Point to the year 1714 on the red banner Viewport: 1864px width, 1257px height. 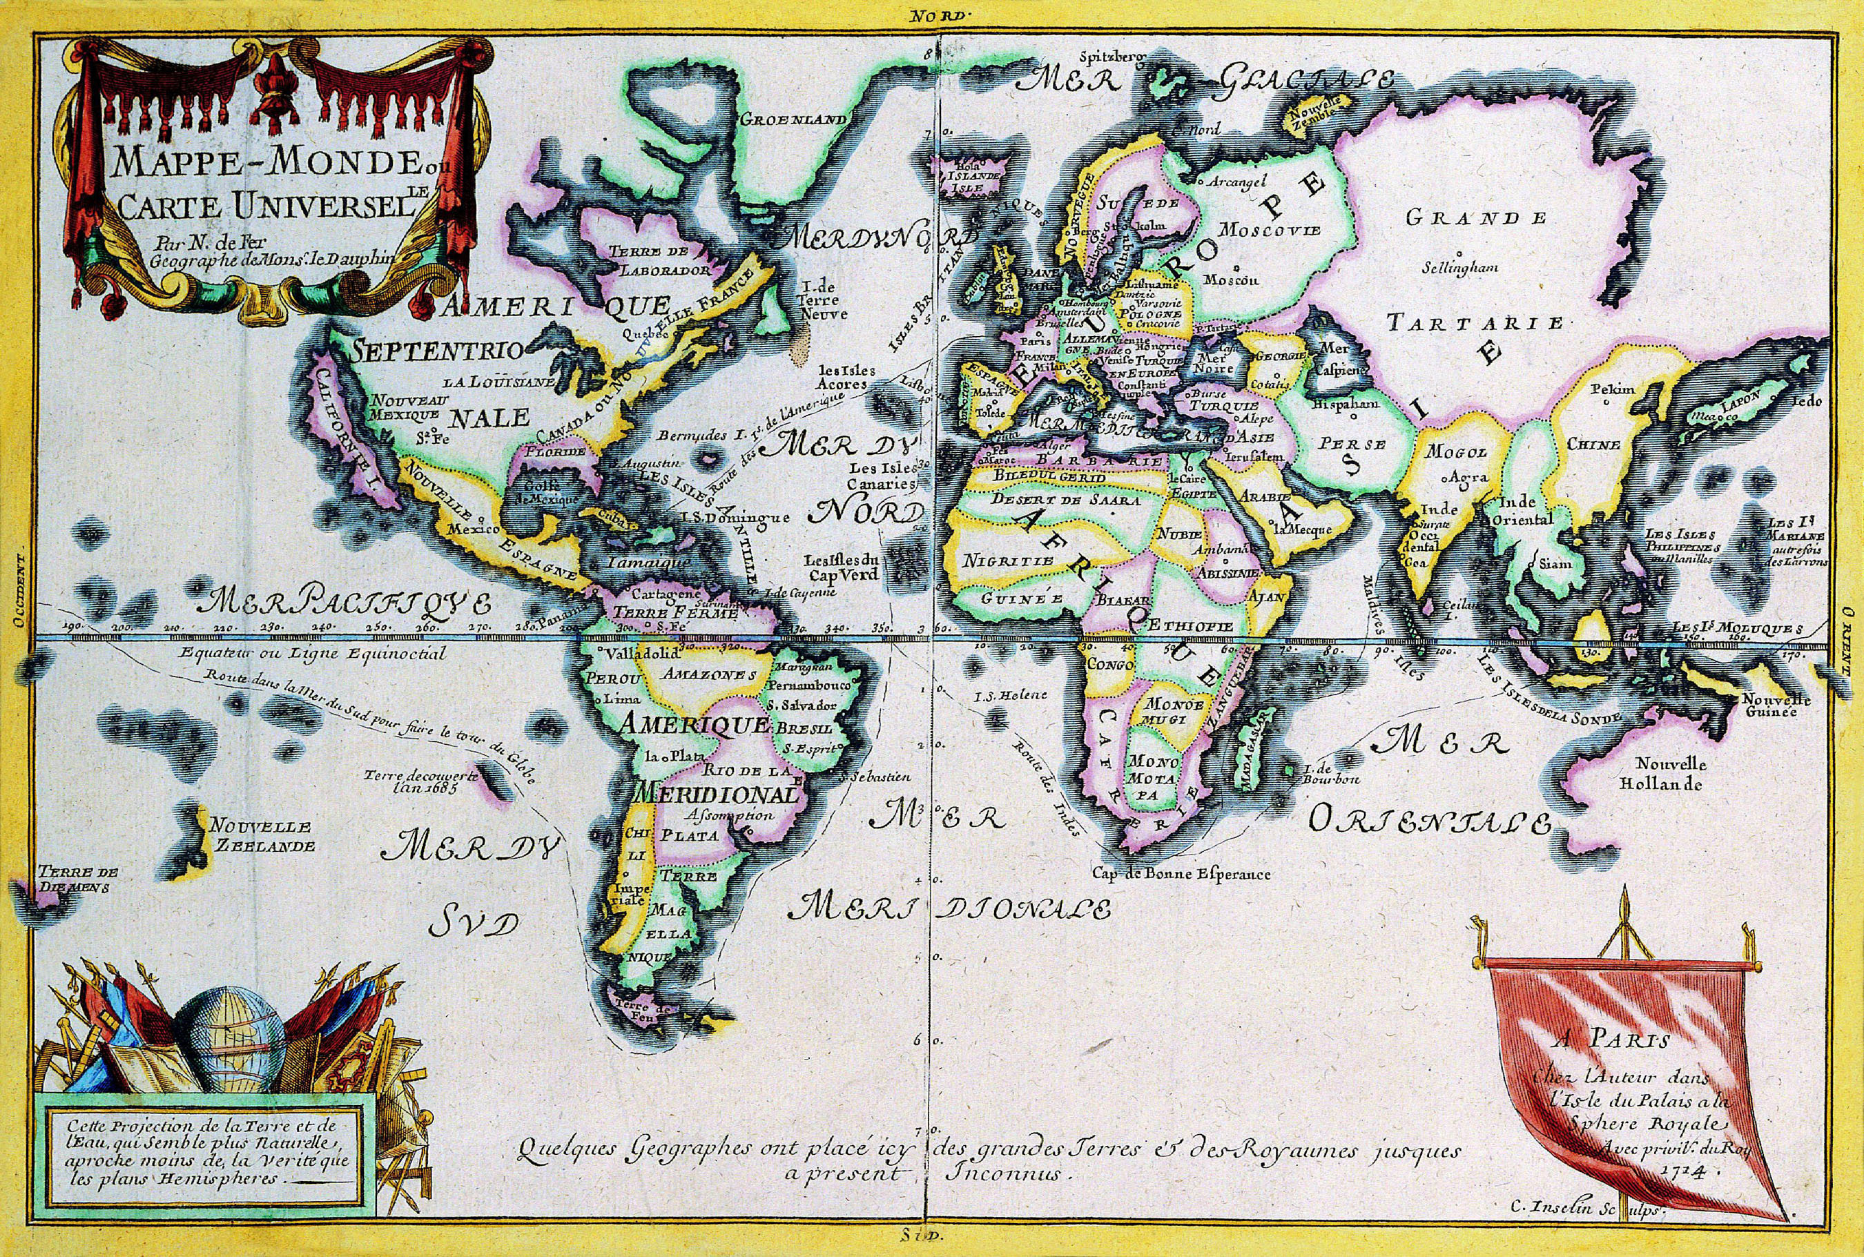pos(1696,1171)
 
